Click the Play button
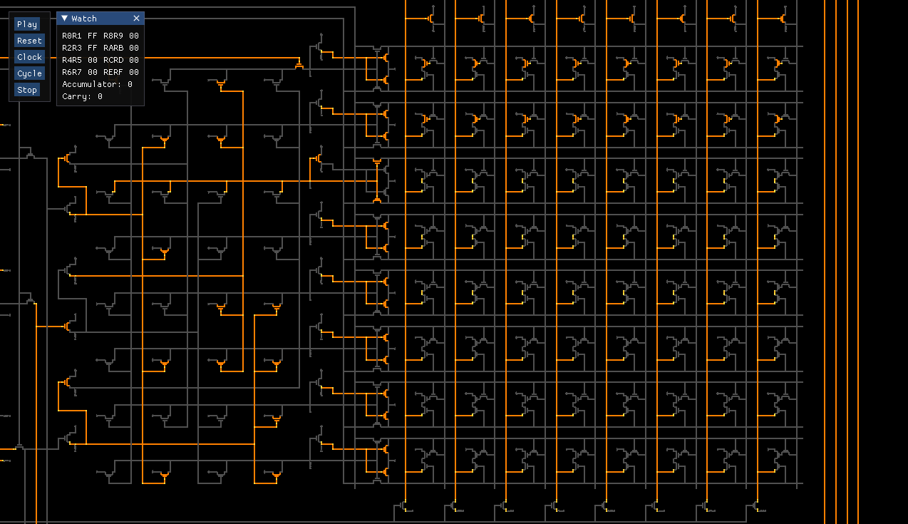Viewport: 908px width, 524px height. click(x=27, y=24)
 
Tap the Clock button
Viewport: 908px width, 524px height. click(x=29, y=57)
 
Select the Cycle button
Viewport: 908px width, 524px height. click(x=29, y=73)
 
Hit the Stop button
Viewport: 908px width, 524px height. click(x=27, y=90)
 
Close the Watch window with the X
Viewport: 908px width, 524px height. click(x=136, y=19)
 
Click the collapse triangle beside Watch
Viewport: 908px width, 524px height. click(x=64, y=19)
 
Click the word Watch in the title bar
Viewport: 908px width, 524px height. click(x=84, y=19)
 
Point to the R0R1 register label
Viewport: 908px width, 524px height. click(x=72, y=36)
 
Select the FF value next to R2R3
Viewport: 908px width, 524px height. click(x=93, y=48)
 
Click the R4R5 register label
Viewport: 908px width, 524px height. click(x=72, y=60)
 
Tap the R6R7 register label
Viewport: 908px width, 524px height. click(x=72, y=72)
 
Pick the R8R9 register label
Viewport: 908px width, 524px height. click(x=113, y=36)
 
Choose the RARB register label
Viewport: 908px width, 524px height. click(x=113, y=48)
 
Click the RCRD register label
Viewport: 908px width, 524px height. click(x=113, y=60)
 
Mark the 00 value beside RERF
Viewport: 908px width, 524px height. click(x=134, y=72)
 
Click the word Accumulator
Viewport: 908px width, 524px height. click(x=90, y=84)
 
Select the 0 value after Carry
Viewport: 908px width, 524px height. click(x=100, y=96)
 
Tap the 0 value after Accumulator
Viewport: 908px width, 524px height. click(x=130, y=84)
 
